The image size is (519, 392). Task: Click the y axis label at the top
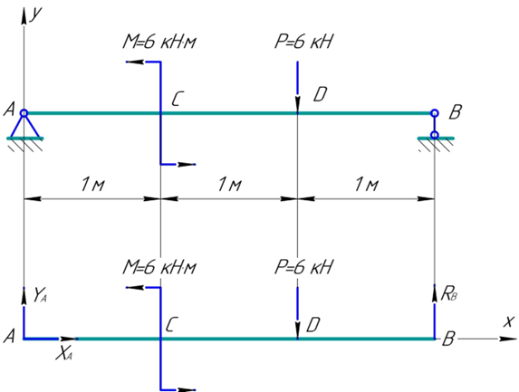(36, 14)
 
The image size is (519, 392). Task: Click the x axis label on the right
(509, 321)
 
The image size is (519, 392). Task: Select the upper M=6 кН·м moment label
(159, 42)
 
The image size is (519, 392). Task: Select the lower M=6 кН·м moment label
(159, 267)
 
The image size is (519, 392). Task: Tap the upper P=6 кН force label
(303, 42)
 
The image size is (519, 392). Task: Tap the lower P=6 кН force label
(303, 267)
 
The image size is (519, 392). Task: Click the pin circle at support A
(24, 113)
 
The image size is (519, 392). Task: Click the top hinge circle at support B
(435, 113)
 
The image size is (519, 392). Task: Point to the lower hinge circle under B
(435, 135)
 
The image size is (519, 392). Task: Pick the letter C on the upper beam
(177, 99)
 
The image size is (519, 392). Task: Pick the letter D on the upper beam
(320, 95)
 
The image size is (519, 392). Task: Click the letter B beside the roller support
(455, 112)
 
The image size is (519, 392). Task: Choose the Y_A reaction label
(40, 295)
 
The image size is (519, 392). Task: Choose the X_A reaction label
(64, 354)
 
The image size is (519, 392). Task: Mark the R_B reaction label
(449, 293)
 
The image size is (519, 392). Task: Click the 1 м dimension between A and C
(92, 184)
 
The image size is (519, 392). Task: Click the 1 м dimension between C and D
(229, 184)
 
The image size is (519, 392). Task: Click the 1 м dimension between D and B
(366, 184)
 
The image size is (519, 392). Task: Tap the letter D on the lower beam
(313, 325)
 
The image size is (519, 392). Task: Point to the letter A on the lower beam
(9, 337)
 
